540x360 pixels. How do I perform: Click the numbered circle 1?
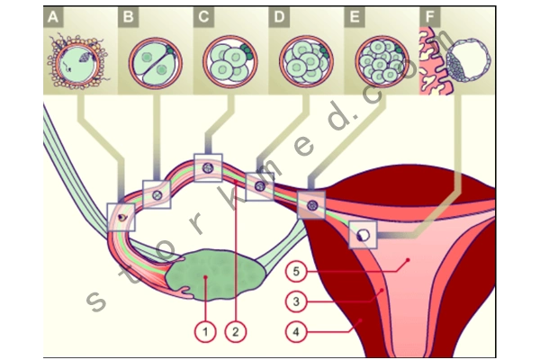(205, 332)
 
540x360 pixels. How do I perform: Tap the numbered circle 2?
(235, 332)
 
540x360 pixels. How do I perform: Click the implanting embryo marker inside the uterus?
(363, 233)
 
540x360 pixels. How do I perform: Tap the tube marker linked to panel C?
(207, 168)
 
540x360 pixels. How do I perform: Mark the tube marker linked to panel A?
(121, 217)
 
